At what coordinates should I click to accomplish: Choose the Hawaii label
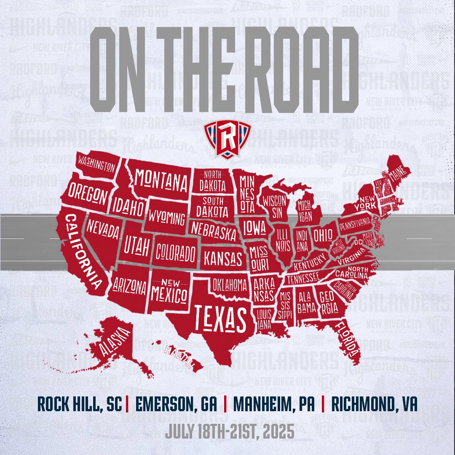coord(179,357)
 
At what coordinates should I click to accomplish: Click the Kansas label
coord(223,257)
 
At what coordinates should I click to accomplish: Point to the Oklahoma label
coord(230,286)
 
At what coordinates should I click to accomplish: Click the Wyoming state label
coord(168,218)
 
